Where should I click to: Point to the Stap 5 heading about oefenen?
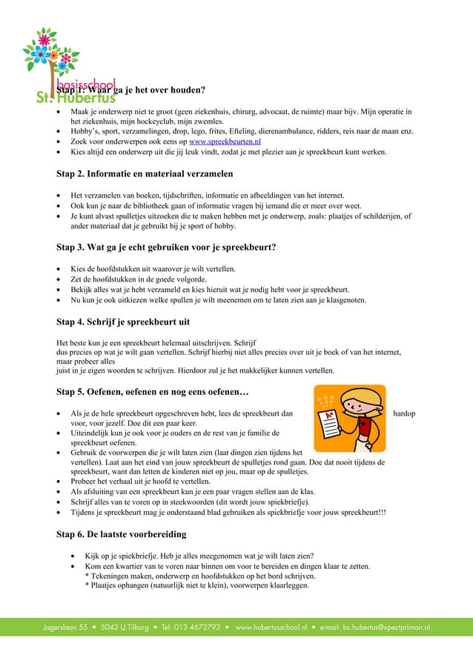pos(156,391)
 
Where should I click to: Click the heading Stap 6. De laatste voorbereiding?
pos(122,533)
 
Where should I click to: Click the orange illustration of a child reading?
pos(348,418)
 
